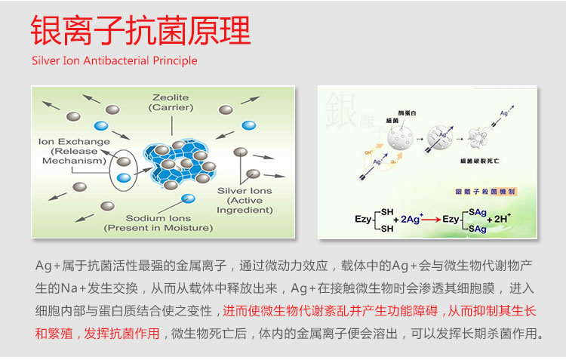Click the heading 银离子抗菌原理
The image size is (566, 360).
click(140, 32)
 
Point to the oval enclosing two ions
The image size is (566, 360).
click(124, 168)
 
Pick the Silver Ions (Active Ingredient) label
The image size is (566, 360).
click(245, 200)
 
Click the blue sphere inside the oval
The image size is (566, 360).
click(125, 178)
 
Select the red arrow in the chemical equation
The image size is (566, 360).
click(430, 219)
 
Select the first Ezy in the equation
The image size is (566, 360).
click(363, 219)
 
